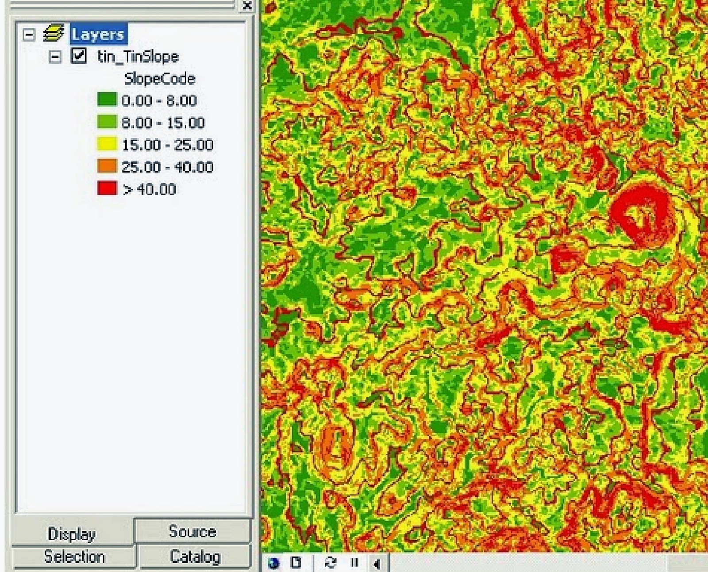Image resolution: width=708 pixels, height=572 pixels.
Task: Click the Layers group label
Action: [x=98, y=34]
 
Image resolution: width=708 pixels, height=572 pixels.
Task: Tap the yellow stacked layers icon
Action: [x=54, y=34]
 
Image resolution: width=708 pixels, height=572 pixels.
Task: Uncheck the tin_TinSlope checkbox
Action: [x=78, y=56]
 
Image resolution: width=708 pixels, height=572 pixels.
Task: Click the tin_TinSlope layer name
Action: [x=138, y=57]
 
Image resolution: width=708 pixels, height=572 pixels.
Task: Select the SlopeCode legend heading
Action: [x=160, y=79]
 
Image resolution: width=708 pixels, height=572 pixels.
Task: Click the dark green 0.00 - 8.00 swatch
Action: [x=107, y=100]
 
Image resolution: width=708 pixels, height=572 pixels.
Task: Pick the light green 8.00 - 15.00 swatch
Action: [x=107, y=122]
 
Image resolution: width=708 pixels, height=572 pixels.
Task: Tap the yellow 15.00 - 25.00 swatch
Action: [x=107, y=144]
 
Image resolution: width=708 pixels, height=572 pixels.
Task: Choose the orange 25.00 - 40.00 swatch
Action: [x=107, y=166]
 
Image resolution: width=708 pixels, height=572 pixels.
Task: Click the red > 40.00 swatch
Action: [x=107, y=188]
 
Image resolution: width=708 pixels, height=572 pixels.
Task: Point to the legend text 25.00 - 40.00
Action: [x=167, y=167]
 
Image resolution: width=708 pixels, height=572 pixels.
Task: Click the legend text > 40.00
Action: [x=150, y=189]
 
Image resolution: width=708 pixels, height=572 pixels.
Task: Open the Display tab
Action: [x=72, y=534]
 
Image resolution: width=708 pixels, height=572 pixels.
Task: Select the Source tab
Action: [x=192, y=531]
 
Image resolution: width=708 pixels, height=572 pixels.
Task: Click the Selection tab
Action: [x=74, y=557]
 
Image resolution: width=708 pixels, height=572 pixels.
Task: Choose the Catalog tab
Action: [x=195, y=557]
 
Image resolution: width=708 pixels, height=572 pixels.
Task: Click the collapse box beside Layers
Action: [x=29, y=35]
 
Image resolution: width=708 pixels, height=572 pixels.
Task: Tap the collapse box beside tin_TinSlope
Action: [x=55, y=57]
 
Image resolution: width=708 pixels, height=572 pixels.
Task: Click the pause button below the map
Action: [x=354, y=563]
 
